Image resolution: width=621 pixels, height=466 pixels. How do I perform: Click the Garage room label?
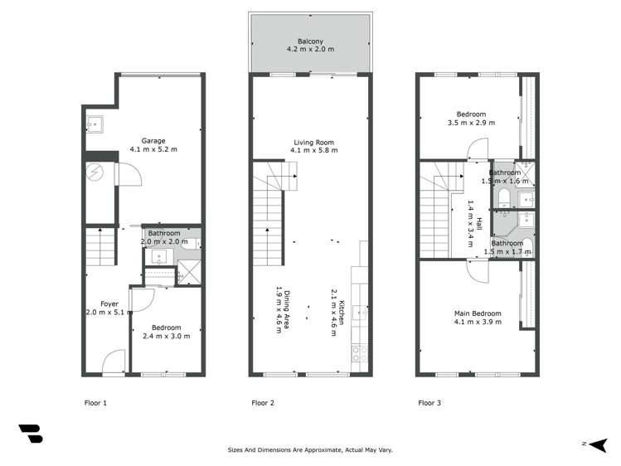coord(153,140)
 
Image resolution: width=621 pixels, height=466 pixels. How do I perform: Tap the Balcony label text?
coord(311,41)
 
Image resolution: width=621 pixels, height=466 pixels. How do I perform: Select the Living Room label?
coord(311,142)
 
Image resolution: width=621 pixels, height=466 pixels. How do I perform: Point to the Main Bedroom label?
coord(478,313)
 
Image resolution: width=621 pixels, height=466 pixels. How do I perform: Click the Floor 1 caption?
coord(96,403)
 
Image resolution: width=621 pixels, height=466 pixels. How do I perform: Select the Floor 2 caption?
coord(263,403)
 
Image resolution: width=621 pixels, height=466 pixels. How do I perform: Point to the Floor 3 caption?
coord(429,403)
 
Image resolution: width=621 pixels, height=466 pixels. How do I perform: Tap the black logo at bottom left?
coord(31,433)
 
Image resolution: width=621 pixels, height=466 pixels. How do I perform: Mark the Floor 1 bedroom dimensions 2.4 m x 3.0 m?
coord(167,336)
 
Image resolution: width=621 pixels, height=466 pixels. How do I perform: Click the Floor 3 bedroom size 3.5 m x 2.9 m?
coord(471,123)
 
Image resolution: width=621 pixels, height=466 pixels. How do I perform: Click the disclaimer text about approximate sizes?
coord(310,450)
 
